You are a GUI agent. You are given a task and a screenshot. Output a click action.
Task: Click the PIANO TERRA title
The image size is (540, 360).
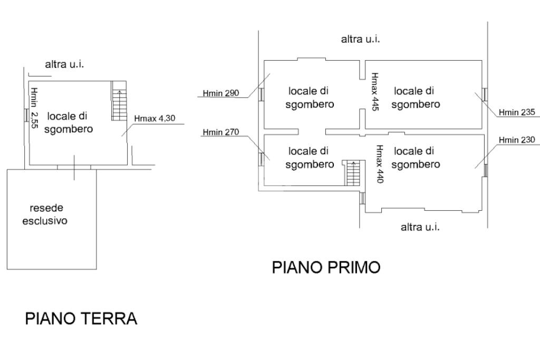[81, 318]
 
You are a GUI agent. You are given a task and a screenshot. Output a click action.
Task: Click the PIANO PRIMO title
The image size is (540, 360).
[326, 267]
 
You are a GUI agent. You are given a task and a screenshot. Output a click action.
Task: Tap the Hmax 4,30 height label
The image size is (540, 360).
[155, 119]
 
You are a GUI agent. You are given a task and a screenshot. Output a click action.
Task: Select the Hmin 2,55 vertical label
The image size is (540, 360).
[34, 108]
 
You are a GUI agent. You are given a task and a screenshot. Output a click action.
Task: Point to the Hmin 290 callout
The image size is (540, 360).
[221, 93]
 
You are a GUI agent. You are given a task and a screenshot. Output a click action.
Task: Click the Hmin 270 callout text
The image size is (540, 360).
[221, 132]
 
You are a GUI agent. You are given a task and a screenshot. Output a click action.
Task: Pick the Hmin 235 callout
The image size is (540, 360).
[517, 112]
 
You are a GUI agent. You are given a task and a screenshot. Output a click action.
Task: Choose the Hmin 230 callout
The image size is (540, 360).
[517, 140]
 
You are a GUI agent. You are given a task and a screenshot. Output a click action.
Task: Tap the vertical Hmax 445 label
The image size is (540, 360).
[375, 92]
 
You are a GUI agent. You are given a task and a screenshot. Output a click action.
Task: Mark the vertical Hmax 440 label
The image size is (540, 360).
[380, 164]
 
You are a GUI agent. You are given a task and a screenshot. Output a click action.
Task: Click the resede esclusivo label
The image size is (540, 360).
[45, 214]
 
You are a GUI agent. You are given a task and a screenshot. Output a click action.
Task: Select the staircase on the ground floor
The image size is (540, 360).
[119, 101]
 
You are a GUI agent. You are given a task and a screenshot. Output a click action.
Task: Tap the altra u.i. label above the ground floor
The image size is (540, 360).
[64, 64]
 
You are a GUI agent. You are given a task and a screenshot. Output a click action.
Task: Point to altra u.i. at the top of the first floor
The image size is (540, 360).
[361, 39]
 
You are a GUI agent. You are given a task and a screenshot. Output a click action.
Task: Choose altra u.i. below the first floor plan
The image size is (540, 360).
[420, 227]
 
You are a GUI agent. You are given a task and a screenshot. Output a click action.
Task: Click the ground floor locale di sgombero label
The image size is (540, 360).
[67, 122]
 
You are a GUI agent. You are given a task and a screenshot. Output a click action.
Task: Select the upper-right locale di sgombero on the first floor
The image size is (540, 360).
[416, 98]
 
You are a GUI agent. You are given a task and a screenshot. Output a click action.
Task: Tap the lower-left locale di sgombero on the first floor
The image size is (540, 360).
[309, 158]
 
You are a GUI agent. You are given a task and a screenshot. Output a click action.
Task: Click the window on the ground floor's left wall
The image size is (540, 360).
[26, 115]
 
